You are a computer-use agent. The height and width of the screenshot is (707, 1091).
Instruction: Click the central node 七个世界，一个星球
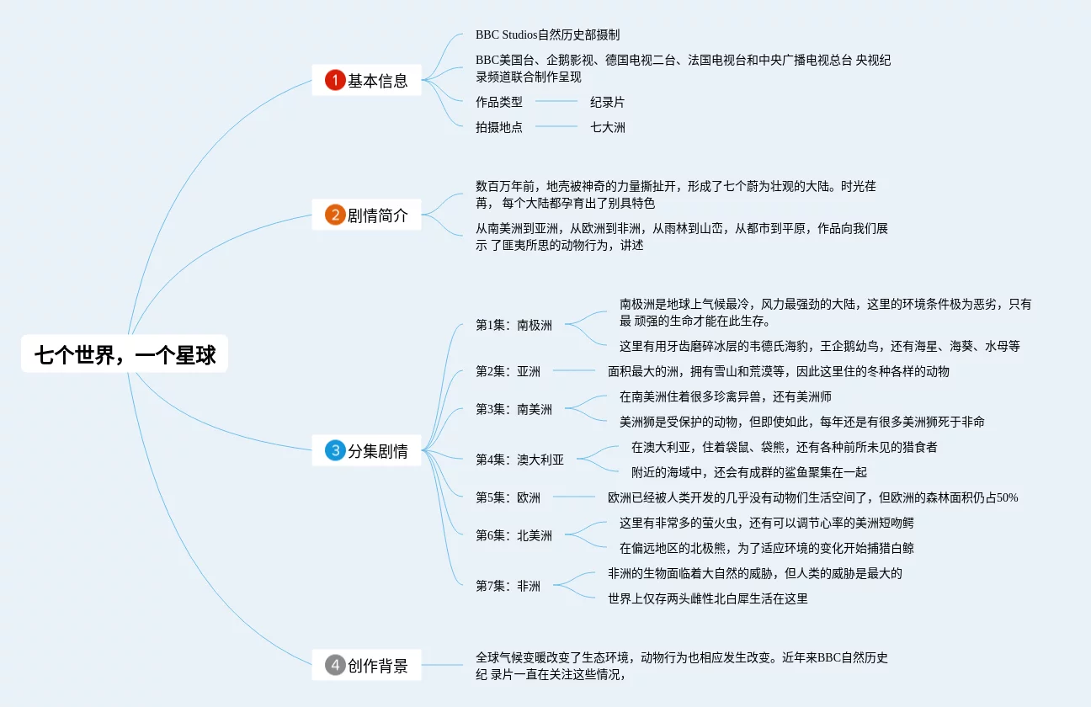click(x=125, y=356)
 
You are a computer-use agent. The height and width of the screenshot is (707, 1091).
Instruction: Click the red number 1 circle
click(x=335, y=80)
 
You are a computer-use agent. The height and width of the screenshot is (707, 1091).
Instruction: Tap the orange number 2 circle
click(x=335, y=215)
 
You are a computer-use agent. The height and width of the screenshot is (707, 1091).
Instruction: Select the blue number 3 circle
click(x=335, y=450)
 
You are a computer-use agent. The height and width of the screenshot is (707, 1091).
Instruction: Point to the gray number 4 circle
click(x=335, y=666)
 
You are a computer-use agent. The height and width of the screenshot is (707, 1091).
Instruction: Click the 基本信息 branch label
click(x=378, y=81)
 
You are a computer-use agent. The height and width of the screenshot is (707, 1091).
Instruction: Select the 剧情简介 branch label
click(x=378, y=215)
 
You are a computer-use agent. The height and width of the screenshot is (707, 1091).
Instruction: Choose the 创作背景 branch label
click(x=378, y=667)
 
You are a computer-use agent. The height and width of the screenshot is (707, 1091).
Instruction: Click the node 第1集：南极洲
click(x=514, y=325)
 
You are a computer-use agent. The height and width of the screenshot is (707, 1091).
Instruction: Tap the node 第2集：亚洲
click(x=508, y=371)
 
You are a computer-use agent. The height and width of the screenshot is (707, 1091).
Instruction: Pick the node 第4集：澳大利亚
click(x=519, y=460)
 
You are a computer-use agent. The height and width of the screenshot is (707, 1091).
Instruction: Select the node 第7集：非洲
click(x=508, y=586)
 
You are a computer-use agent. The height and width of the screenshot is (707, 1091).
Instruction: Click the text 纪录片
click(x=607, y=102)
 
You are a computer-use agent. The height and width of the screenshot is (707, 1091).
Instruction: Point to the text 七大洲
click(x=607, y=127)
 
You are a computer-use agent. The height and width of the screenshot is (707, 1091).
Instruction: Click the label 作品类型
click(x=498, y=102)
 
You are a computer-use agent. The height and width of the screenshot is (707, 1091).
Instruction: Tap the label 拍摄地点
click(x=498, y=127)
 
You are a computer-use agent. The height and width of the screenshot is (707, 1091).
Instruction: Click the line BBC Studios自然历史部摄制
click(x=547, y=35)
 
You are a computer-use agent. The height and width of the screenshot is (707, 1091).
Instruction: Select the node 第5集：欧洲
click(x=508, y=497)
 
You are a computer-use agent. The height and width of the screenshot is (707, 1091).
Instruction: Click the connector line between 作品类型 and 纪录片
click(x=556, y=102)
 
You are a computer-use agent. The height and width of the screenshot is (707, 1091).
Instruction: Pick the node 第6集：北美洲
click(x=514, y=535)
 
